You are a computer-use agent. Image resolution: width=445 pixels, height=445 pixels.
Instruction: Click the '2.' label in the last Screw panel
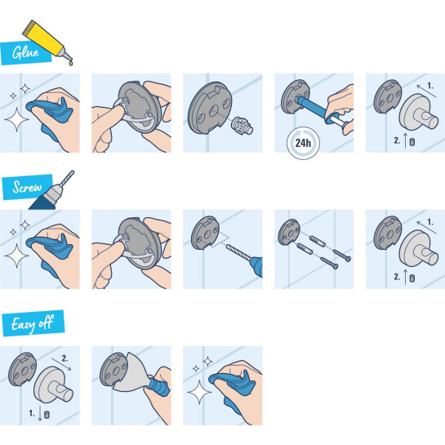(x=394, y=278)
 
